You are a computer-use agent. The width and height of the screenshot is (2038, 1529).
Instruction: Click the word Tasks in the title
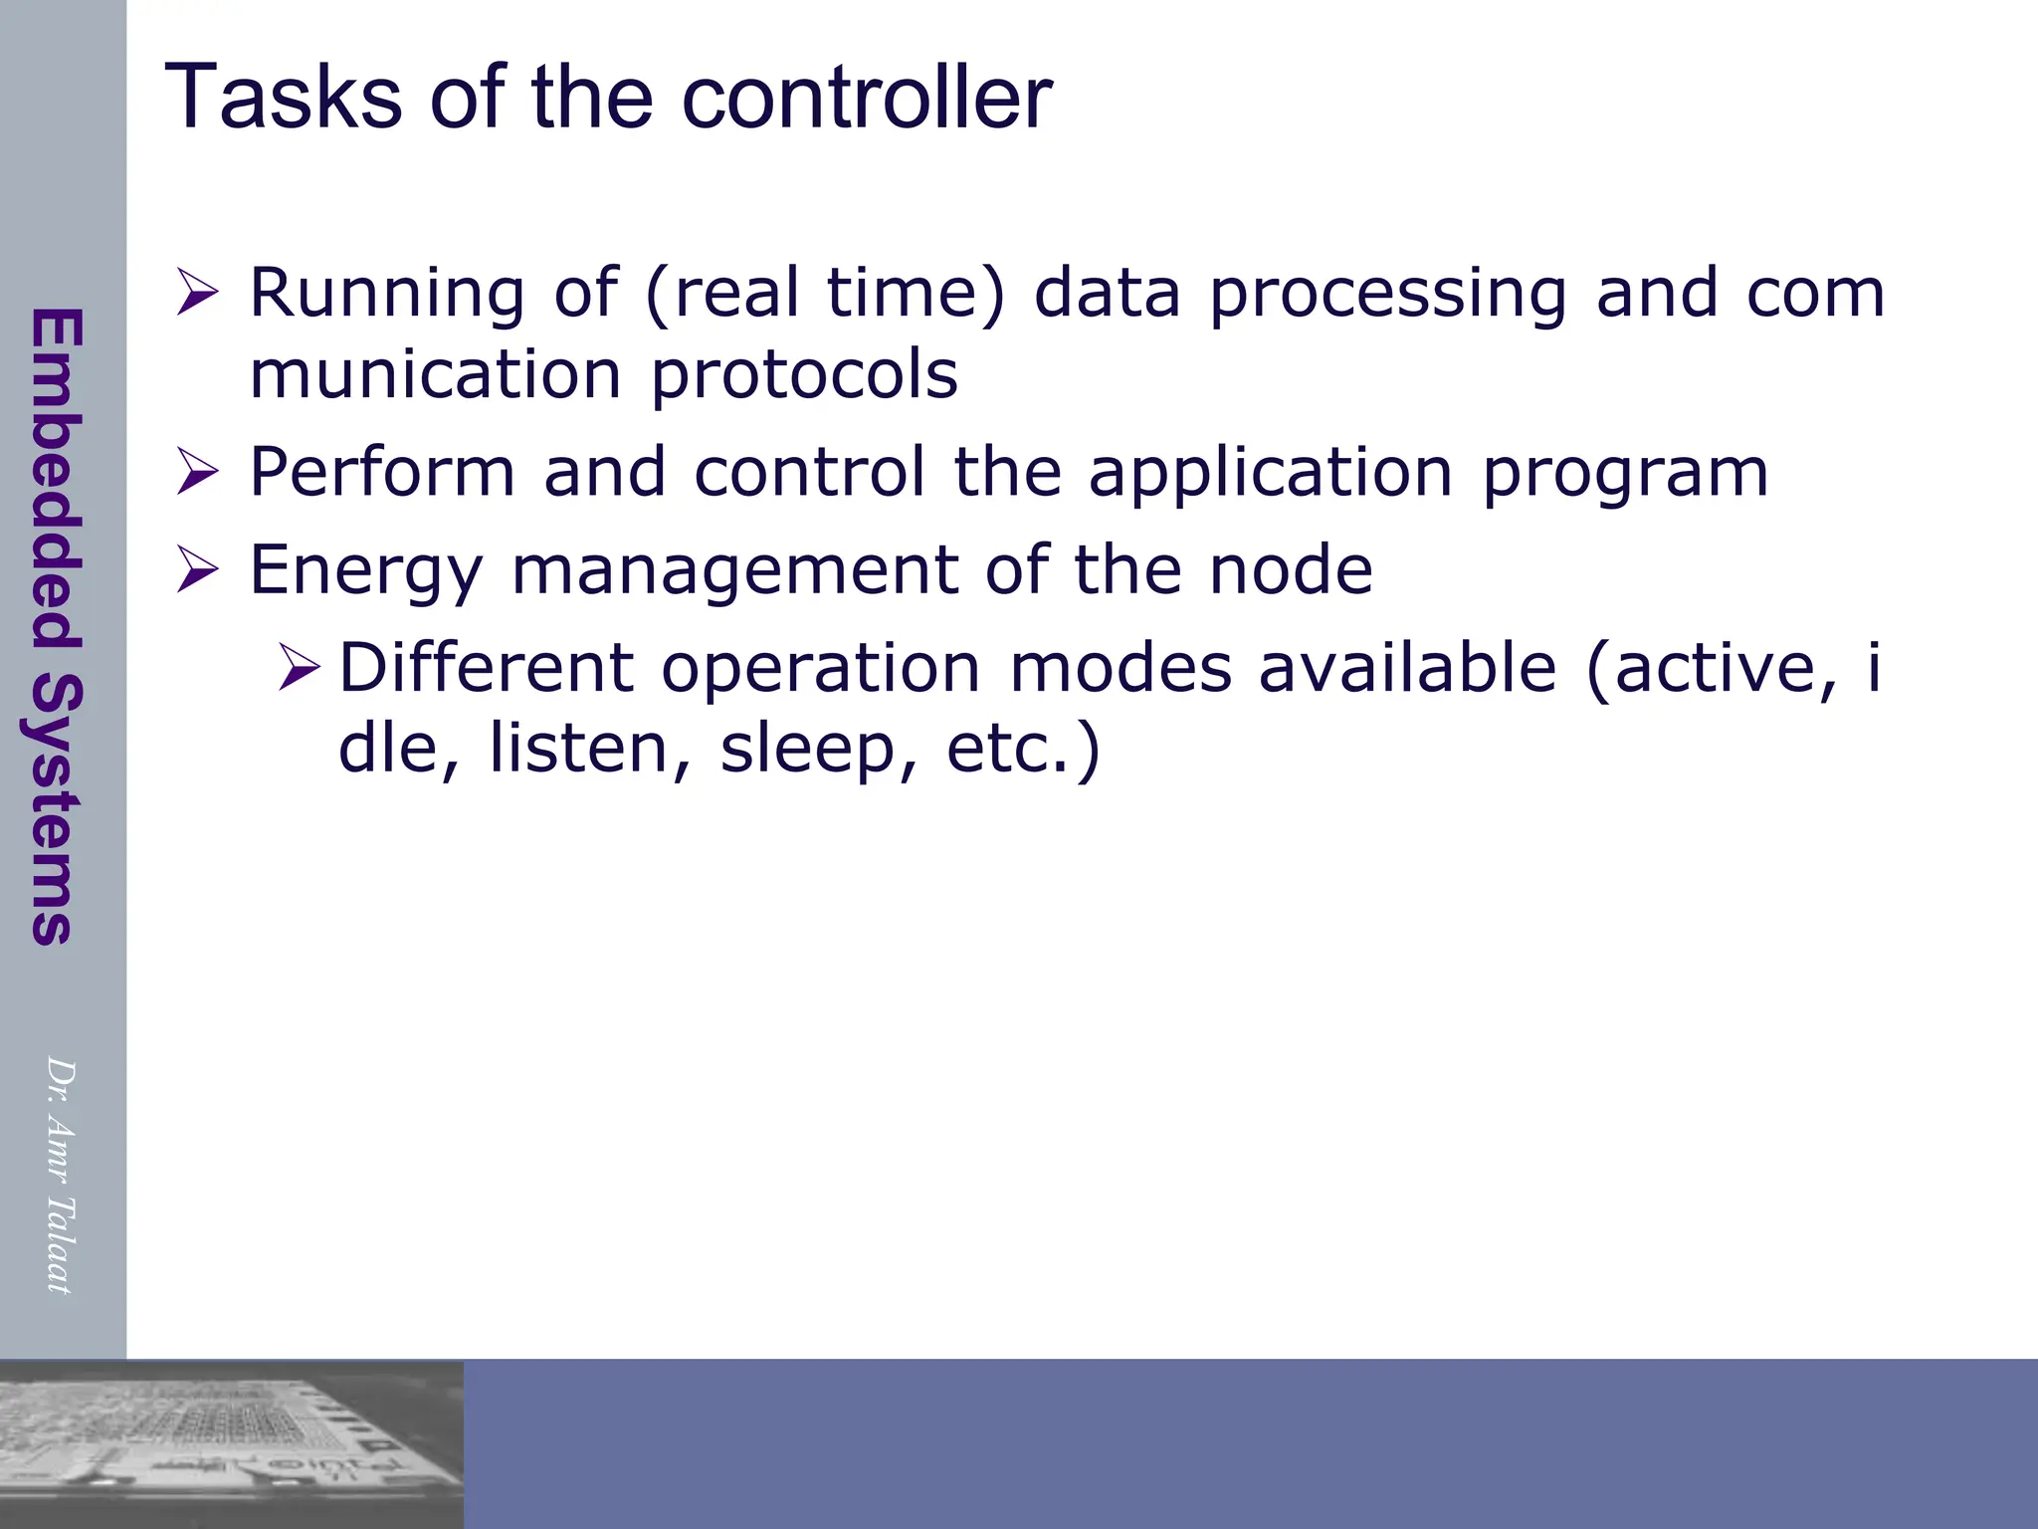pos(282,98)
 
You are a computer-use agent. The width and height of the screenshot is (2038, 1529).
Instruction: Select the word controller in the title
pos(866,98)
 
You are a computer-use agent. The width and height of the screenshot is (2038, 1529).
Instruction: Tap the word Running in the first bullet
pos(386,295)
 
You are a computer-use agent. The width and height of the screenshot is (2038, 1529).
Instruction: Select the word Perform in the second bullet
pos(381,472)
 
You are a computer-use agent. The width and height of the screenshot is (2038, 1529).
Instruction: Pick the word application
pos(1270,472)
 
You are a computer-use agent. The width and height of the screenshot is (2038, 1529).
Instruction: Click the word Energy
pos(364,571)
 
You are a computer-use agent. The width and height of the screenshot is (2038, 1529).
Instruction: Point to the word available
pos(1406,667)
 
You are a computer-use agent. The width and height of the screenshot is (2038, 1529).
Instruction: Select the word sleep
pos(807,749)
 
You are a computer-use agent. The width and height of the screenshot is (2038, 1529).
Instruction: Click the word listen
pos(577,749)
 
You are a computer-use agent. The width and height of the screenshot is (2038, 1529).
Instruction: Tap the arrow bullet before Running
pos(197,295)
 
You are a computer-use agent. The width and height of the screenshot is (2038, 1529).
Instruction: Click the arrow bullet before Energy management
pos(197,569)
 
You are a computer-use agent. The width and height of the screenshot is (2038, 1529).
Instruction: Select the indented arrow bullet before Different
pos(299,667)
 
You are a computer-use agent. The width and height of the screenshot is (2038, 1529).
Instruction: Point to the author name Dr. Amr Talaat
pos(60,1175)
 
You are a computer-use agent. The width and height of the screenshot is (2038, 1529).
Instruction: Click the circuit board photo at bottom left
pos(231,1443)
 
